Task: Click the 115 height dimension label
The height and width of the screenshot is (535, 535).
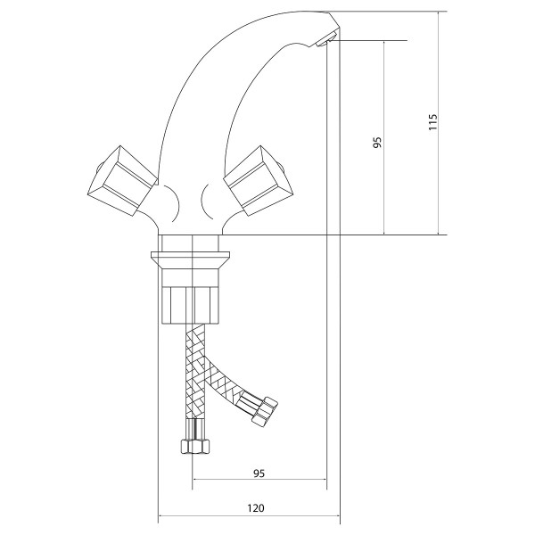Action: click(432, 122)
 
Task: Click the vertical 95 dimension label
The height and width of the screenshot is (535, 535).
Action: click(376, 143)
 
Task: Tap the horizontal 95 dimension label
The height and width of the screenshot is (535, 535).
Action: click(259, 473)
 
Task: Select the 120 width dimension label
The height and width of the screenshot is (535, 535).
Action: click(256, 508)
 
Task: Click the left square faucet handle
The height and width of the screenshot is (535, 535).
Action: click(122, 180)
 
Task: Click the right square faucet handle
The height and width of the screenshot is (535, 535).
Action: click(259, 180)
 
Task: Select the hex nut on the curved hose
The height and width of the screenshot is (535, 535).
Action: click(265, 411)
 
